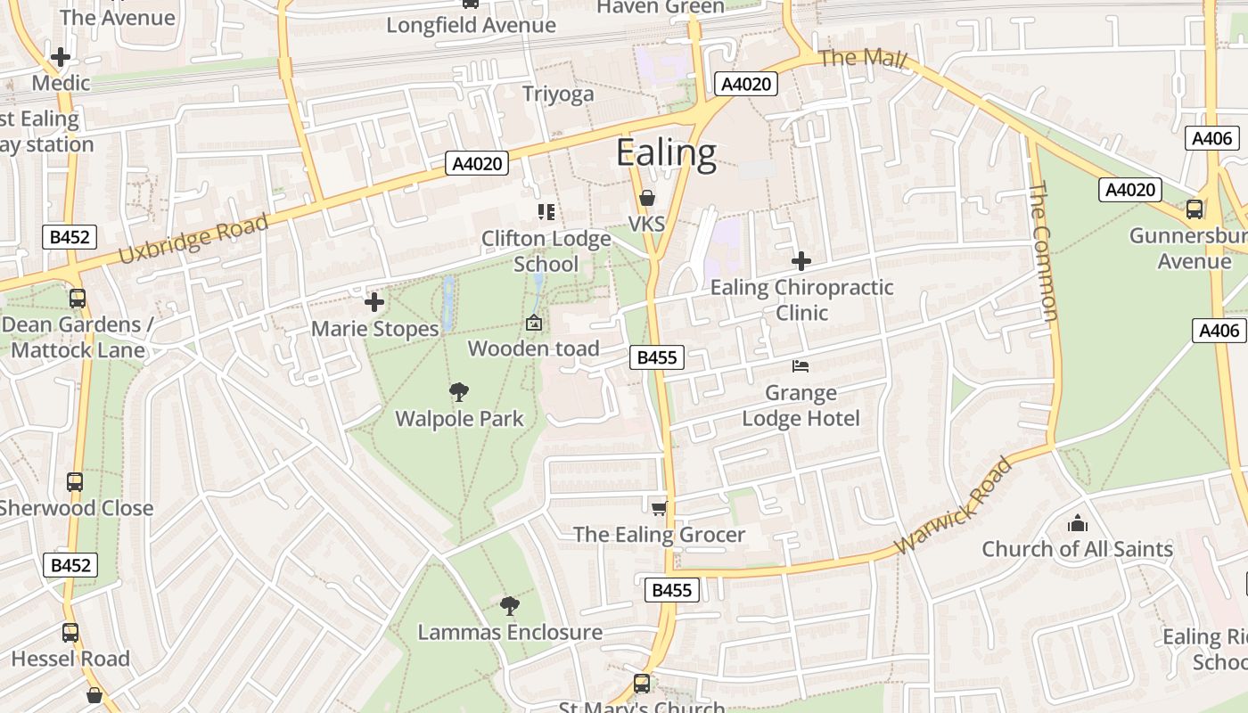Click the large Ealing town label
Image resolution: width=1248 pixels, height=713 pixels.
[666, 153]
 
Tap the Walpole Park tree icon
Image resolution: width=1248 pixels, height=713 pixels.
[459, 392]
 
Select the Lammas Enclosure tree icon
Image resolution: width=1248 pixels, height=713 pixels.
[509, 606]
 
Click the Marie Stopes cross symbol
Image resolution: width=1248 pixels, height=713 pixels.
[374, 302]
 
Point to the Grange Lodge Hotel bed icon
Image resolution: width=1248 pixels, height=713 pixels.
[801, 366]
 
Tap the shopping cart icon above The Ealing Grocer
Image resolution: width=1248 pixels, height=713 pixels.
[659, 508]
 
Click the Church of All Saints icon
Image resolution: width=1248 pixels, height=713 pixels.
[1077, 522]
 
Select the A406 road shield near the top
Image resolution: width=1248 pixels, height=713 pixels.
[1212, 138]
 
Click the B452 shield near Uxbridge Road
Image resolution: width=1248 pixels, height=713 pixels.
[70, 237]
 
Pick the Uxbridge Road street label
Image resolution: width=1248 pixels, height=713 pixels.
[193, 239]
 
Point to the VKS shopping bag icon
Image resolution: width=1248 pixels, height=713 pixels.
[647, 198]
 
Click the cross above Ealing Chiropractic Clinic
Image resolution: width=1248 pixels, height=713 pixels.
[801, 261]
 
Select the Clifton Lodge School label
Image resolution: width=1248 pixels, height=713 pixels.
[546, 251]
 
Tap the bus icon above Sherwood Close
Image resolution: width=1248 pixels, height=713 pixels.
[75, 482]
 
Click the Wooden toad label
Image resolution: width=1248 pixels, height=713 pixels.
[533, 348]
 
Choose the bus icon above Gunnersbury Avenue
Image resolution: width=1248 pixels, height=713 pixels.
[1194, 209]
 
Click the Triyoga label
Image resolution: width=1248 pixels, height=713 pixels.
[558, 94]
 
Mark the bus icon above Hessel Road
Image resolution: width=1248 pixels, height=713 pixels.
[70, 633]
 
